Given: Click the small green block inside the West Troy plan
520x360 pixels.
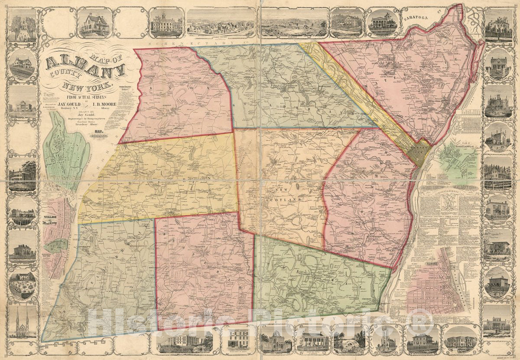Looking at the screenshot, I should point(57,245).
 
